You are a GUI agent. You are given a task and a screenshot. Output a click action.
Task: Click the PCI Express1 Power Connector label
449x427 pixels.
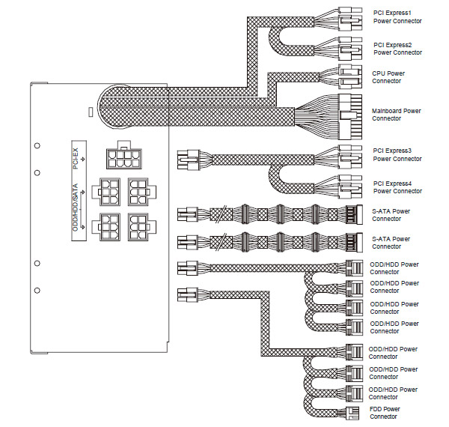tap(397, 17)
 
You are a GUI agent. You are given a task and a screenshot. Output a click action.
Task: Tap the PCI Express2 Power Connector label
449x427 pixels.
tap(397, 49)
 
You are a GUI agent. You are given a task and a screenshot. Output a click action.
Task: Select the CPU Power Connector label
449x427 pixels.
tap(388, 77)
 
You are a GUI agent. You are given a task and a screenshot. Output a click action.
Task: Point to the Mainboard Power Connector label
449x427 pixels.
tap(397, 115)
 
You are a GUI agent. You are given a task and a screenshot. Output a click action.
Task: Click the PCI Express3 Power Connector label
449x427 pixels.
tap(397, 155)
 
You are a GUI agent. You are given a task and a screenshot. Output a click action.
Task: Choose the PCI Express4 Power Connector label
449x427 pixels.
tap(397, 187)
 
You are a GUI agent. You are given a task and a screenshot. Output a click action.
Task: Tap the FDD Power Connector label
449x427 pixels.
tap(385, 413)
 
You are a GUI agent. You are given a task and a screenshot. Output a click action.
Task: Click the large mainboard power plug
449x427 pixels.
tap(350, 117)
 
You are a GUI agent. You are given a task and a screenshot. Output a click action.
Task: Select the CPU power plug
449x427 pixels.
tap(350, 76)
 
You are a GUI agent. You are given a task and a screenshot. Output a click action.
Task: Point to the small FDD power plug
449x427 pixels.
tap(352, 413)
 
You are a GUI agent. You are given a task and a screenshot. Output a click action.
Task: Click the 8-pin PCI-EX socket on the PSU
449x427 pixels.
tap(124, 157)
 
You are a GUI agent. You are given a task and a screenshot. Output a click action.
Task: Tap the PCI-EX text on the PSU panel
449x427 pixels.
tap(76, 159)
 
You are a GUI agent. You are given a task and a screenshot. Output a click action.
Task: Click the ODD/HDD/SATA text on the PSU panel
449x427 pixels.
tap(75, 208)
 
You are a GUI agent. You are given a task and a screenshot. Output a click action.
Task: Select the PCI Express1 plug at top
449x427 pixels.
tap(350, 19)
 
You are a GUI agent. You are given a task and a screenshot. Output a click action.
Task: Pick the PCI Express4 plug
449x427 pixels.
tap(350, 187)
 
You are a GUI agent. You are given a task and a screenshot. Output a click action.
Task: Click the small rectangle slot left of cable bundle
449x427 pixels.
tap(91, 112)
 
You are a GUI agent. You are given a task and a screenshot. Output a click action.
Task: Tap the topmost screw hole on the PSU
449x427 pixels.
tap(37, 145)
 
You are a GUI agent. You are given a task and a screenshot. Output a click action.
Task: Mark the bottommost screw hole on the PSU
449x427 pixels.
tap(37, 291)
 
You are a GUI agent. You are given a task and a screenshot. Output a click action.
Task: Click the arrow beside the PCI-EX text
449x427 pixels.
tap(83, 159)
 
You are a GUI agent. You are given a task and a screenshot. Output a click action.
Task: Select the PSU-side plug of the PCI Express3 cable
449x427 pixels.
tap(188, 160)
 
